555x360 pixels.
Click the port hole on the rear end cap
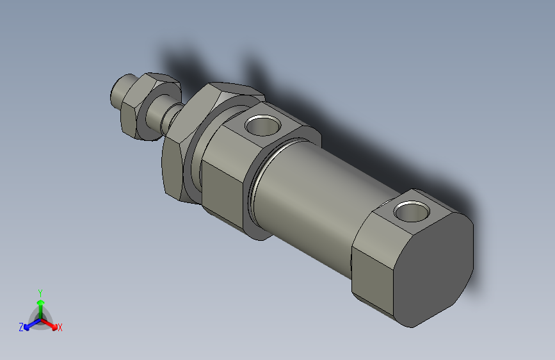pos(412,211)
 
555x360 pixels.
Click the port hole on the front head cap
pos(263,124)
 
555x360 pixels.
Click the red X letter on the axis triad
pos(60,328)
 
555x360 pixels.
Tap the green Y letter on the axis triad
pos(40,292)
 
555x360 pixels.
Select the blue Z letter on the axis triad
pos(21,327)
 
